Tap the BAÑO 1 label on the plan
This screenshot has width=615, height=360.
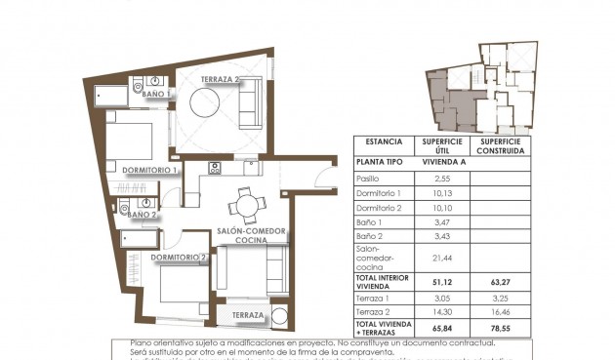[x=154, y=94]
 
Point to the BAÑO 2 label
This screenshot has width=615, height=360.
[x=143, y=215]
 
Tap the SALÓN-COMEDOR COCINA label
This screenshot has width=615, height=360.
[x=251, y=235]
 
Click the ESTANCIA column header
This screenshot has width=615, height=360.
[x=383, y=141]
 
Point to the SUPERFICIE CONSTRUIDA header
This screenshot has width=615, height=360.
[x=500, y=145]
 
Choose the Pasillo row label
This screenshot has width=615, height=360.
[x=369, y=179]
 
